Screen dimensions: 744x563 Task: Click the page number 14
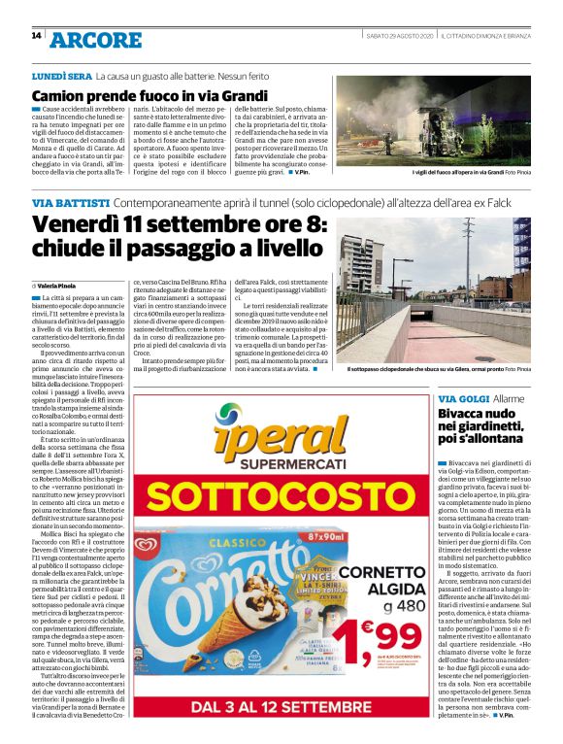tap(36, 36)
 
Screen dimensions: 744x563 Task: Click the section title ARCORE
tap(96, 40)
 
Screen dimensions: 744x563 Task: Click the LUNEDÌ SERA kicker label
tap(61, 75)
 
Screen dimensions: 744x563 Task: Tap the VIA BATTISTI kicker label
tap(71, 202)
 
